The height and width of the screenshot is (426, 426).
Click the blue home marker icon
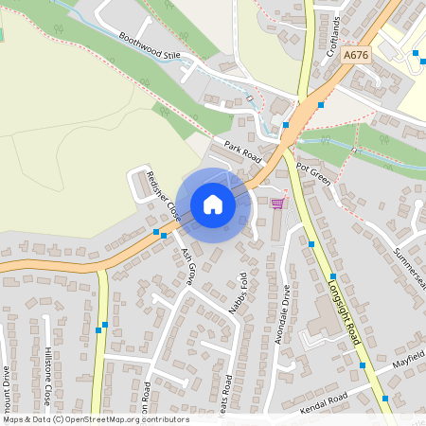coord(213,204)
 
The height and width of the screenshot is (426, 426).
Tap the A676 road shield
coord(356,56)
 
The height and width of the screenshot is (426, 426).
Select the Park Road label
coord(242,151)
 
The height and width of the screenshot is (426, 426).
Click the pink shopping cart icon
coord(277,203)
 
